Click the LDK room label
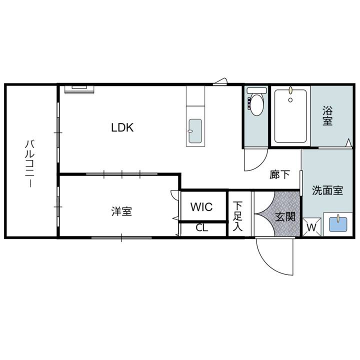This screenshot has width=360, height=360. tap(122, 127)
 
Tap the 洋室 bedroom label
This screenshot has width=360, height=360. tap(121, 211)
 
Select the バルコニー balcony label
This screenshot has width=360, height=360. tap(30, 163)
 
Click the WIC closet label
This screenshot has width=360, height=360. tap(201, 207)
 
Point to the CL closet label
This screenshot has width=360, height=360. tap(202, 228)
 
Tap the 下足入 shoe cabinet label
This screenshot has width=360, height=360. tap(237, 216)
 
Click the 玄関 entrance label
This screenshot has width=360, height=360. tap(285, 216)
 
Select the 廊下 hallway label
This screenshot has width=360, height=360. tap(279, 174)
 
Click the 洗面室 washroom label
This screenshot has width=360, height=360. tap(327, 190)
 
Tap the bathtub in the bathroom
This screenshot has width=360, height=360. tap(290, 116)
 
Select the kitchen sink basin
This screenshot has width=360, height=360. tap(195, 131)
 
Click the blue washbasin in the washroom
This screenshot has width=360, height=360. tap(338, 224)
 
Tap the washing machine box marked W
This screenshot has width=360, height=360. tap(311, 227)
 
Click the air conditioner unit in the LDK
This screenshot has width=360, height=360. tap(79, 89)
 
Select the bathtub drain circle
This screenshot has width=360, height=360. tap(290, 100)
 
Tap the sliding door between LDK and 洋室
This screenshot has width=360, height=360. tap(121, 174)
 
